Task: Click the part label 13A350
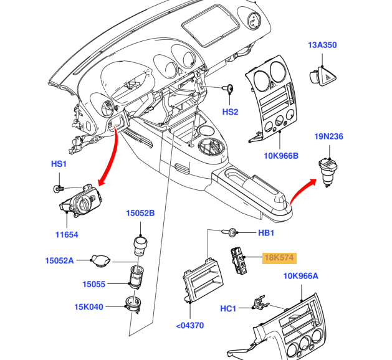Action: coord(322,45)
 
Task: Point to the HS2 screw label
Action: coord(231,112)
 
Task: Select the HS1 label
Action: coord(59,164)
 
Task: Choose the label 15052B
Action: coord(140,213)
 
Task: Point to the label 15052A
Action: coord(59,260)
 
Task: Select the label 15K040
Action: coord(90,307)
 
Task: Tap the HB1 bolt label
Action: coord(266,233)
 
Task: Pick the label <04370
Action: coord(189,325)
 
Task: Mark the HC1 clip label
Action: coord(228,308)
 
